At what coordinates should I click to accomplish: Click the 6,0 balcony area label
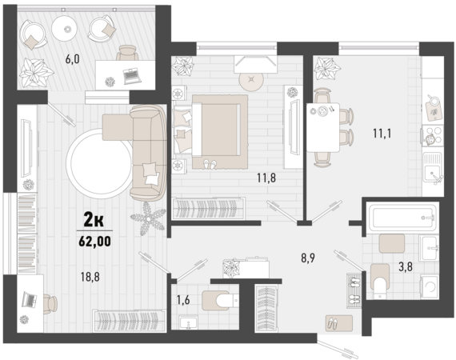[x=73, y=59]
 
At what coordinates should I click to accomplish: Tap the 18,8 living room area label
[x=90, y=277]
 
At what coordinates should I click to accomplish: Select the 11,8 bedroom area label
[x=266, y=178]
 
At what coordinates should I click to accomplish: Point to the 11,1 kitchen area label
[x=382, y=134]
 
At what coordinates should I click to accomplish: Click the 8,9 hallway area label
[x=308, y=258]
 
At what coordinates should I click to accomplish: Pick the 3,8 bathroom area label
[x=406, y=266]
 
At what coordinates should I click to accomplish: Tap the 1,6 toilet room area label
[x=183, y=300]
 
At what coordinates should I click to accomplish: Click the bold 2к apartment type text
[x=94, y=219]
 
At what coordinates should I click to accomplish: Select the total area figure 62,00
[x=95, y=242]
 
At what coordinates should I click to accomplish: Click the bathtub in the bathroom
[x=402, y=218]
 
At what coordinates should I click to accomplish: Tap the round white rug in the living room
[x=100, y=163]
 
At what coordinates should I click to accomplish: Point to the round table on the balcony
[x=65, y=28]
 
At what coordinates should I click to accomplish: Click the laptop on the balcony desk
[x=132, y=76]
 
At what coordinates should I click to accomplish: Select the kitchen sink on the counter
[x=433, y=167]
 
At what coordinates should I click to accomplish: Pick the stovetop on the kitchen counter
[x=433, y=136]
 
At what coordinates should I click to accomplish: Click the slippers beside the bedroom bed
[x=210, y=164]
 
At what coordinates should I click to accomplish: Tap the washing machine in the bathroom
[x=430, y=286]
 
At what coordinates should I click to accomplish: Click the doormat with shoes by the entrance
[x=339, y=323]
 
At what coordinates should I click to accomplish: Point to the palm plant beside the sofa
[x=147, y=218]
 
